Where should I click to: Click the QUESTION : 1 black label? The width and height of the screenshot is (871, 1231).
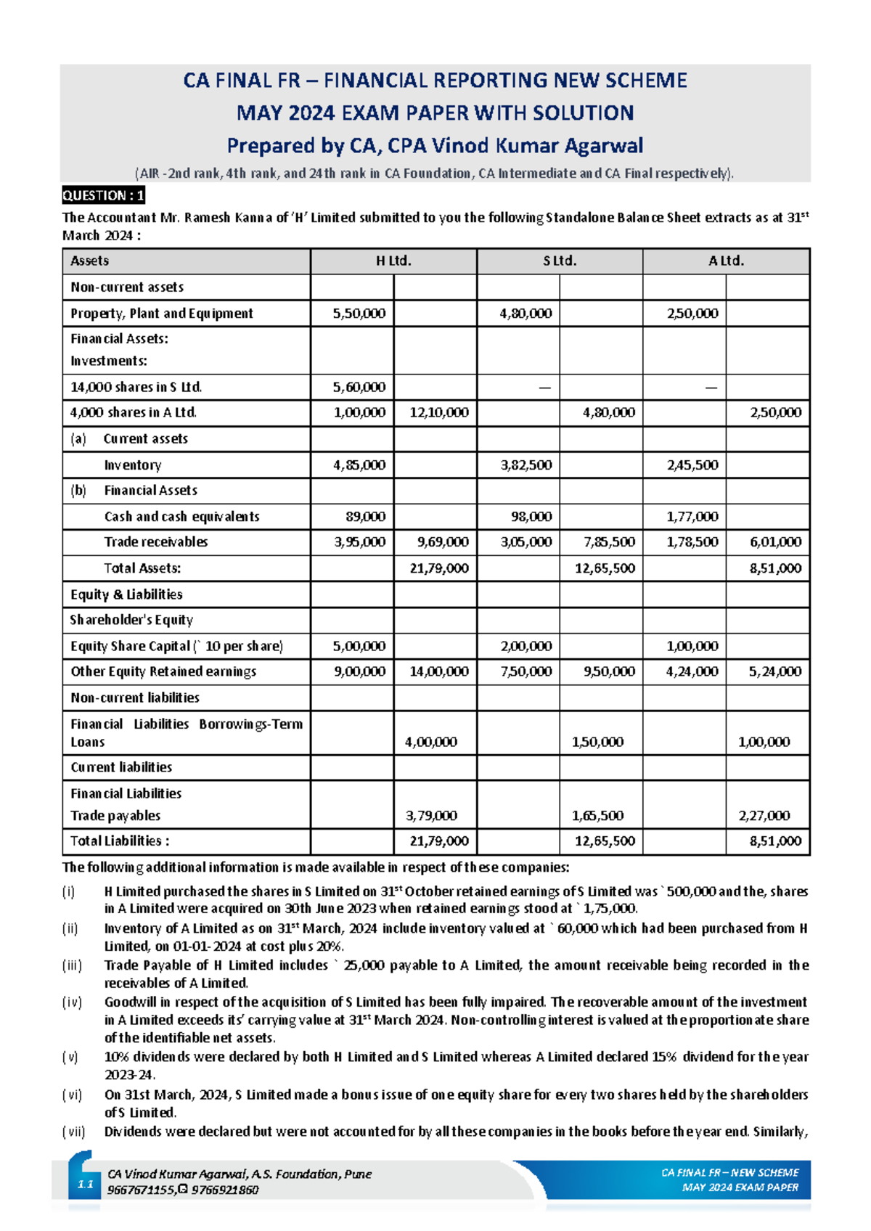tap(103, 195)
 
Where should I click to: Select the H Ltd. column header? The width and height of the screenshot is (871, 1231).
tap(393, 261)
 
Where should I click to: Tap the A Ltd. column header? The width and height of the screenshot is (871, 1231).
tap(726, 261)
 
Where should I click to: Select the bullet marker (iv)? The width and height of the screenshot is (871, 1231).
tap(72, 1002)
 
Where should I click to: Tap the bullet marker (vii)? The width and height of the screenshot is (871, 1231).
tap(73, 1132)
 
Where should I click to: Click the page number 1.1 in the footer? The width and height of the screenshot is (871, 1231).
tap(86, 1185)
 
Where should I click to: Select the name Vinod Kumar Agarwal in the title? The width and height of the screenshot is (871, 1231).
tap(537, 146)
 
